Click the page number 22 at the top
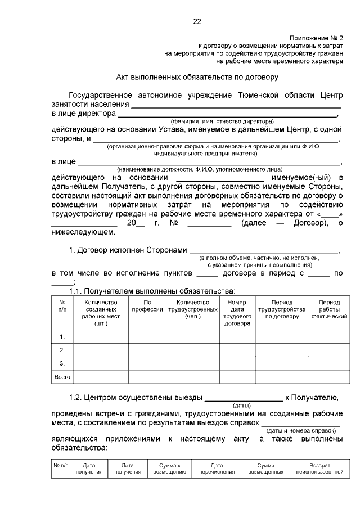pos(197,21)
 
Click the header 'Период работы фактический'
pos(328,309)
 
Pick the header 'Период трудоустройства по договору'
pos(281,309)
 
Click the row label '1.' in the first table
pos(62,336)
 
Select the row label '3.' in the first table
pos(62,363)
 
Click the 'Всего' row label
pos(62,376)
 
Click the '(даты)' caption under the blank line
pos(241,405)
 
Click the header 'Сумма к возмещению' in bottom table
pos(169,469)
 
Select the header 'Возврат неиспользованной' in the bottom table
pos(319,469)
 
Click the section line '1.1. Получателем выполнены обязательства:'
pos(152,291)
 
